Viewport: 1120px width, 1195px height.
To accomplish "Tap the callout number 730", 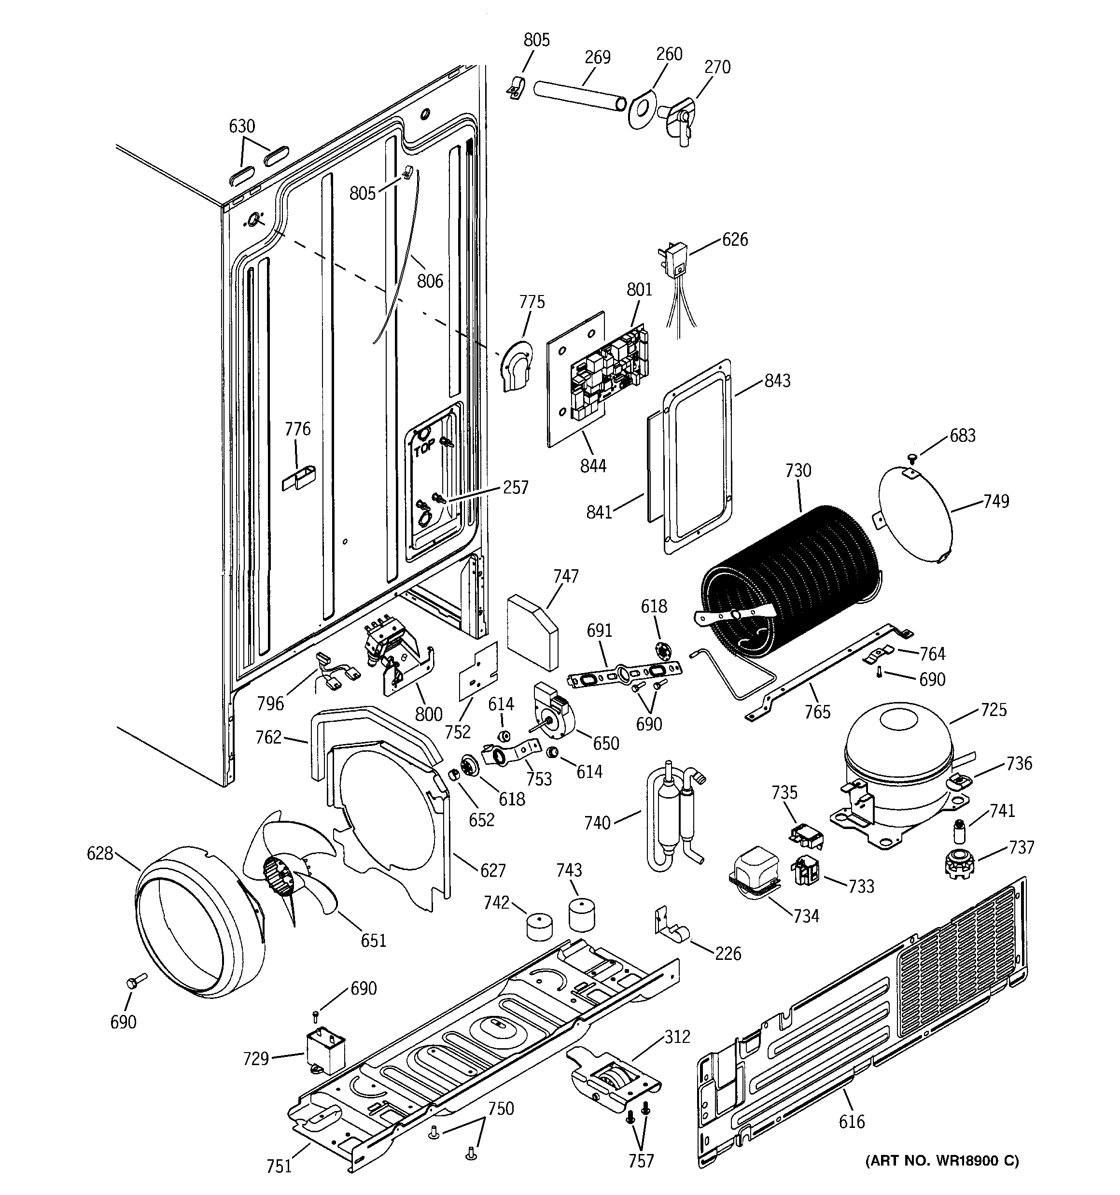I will click(798, 470).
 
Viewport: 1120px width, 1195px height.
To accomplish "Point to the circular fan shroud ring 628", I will click(198, 923).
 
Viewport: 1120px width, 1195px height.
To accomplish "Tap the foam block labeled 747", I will click(532, 631).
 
